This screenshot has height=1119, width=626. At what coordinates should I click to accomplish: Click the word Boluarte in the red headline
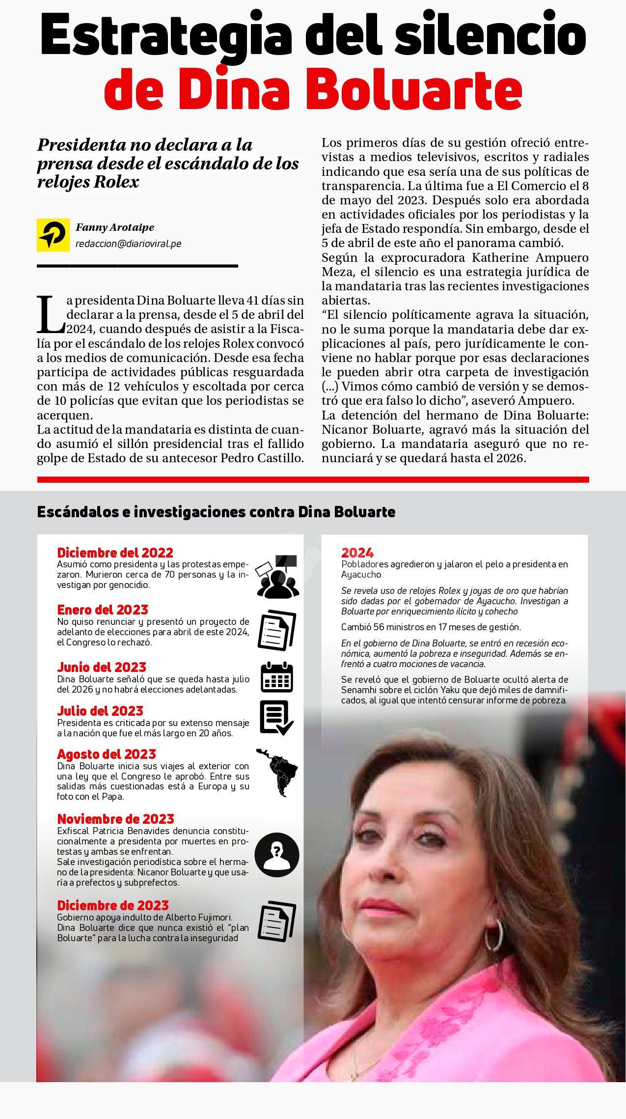[414, 90]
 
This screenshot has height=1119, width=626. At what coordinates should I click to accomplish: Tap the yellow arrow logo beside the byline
[53, 235]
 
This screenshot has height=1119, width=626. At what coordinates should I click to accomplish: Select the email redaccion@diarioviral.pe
[128, 244]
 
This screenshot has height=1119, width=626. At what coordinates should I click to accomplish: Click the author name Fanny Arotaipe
[115, 227]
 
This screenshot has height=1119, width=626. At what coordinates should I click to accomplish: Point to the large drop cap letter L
[50, 314]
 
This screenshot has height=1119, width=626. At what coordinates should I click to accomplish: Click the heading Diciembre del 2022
[115, 553]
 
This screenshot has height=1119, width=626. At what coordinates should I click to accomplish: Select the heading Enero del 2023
[103, 610]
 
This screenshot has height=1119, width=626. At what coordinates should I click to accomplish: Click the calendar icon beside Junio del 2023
[277, 677]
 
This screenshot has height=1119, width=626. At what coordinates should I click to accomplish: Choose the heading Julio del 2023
[100, 711]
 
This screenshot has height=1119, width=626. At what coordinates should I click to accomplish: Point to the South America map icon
[278, 772]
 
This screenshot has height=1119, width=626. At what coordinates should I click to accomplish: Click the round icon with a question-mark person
[277, 855]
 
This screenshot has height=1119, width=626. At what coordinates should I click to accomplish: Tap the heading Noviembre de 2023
[115, 819]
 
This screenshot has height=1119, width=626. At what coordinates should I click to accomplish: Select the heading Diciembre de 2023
[113, 905]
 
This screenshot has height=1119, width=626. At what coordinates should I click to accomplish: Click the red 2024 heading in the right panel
[357, 553]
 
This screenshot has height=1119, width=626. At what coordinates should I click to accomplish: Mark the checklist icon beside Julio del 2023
[276, 718]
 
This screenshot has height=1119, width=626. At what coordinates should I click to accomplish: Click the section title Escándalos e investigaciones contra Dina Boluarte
[216, 512]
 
